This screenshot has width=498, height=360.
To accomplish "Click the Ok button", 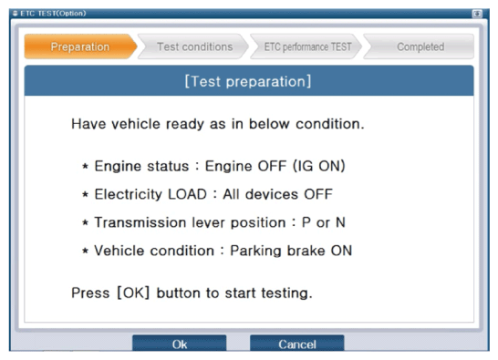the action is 180,343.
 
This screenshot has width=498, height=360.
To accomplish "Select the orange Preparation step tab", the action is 80,46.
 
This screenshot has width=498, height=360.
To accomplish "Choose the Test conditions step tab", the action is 193,46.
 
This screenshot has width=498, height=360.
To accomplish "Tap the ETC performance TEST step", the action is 306,46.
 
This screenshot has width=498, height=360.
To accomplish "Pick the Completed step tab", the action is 419,46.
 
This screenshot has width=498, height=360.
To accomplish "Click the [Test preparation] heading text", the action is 248,82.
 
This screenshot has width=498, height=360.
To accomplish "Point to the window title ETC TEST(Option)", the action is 53,14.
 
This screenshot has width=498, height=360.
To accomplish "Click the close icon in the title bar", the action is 477,14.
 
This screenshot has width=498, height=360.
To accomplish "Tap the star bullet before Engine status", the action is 85,166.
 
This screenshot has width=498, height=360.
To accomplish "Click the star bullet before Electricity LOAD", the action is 85,194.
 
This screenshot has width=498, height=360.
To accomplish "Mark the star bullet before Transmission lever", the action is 85,222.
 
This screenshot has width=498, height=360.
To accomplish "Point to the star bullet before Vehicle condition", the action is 85,251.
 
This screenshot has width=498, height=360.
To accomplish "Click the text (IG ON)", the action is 319,166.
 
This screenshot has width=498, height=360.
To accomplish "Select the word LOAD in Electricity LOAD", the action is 187,194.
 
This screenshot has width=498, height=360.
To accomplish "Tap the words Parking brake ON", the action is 291,251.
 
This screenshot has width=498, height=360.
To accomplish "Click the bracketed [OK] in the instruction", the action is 133,293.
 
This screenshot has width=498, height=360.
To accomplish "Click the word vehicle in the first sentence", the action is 137,124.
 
